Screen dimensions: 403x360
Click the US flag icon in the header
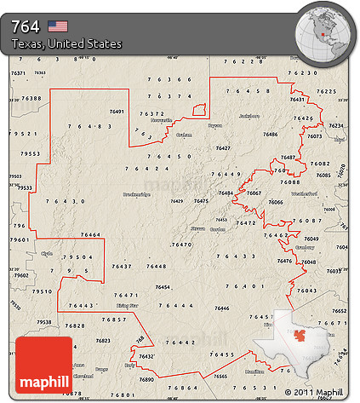click(57, 26)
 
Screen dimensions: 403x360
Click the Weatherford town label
click(304, 194)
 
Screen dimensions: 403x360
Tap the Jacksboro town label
click(249, 115)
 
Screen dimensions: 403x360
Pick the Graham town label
click(184, 135)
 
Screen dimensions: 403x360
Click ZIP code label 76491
click(117, 112)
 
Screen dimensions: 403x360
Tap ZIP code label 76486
click(270, 134)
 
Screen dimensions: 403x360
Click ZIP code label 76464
click(90, 233)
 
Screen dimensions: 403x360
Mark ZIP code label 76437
click(122, 267)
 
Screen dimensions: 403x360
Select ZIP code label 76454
click(162, 287)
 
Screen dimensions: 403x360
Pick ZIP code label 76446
click(222, 308)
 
